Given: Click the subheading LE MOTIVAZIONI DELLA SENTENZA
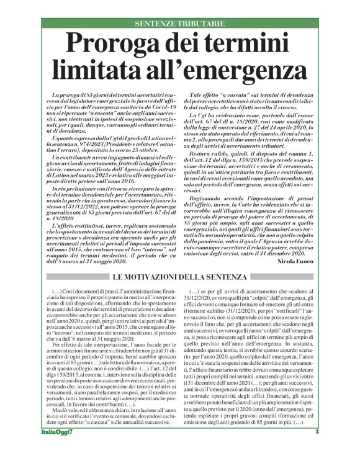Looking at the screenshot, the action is [x=180, y=276].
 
